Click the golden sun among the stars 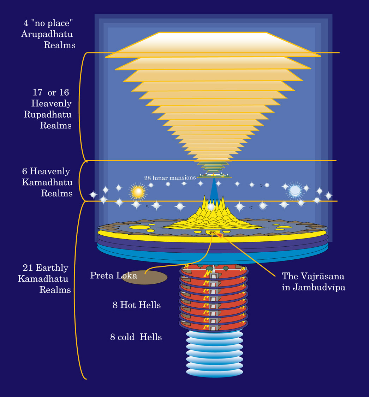(x=138, y=192)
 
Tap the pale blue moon (x=295, y=191)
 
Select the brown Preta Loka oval (x=144, y=277)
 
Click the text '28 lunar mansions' (x=169, y=178)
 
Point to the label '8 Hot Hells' (x=137, y=305)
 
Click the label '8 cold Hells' (x=136, y=337)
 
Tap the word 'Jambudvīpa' (x=313, y=287)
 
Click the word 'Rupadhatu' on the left (x=48, y=115)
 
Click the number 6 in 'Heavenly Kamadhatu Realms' (x=25, y=172)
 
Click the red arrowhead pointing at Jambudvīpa (x=220, y=235)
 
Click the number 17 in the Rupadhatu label (x=37, y=93)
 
